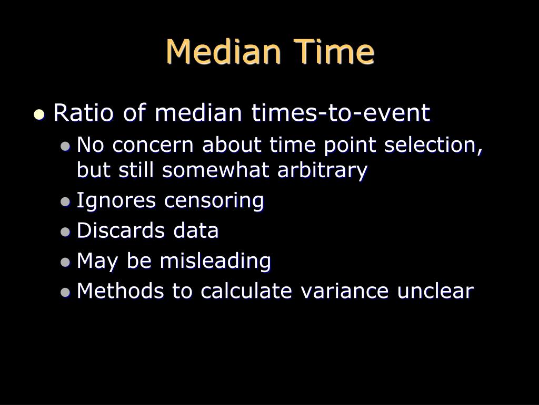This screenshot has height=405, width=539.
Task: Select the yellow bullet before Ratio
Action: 39,114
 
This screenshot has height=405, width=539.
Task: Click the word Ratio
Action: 83,113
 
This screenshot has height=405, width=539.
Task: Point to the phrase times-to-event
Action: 341,113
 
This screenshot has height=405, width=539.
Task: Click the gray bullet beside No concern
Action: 65,147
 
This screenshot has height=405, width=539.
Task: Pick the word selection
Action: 433,144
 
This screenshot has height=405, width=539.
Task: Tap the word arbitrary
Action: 322,170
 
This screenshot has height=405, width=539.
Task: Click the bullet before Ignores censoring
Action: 65,201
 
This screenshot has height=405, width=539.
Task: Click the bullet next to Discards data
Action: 65,232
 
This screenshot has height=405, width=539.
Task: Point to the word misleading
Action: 215,261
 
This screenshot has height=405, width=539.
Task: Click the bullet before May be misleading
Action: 65,262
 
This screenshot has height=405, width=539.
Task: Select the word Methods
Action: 121,291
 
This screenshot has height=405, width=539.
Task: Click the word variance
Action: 344,291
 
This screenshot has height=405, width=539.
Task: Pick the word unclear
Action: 435,291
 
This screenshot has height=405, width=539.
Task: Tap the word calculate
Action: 246,291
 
